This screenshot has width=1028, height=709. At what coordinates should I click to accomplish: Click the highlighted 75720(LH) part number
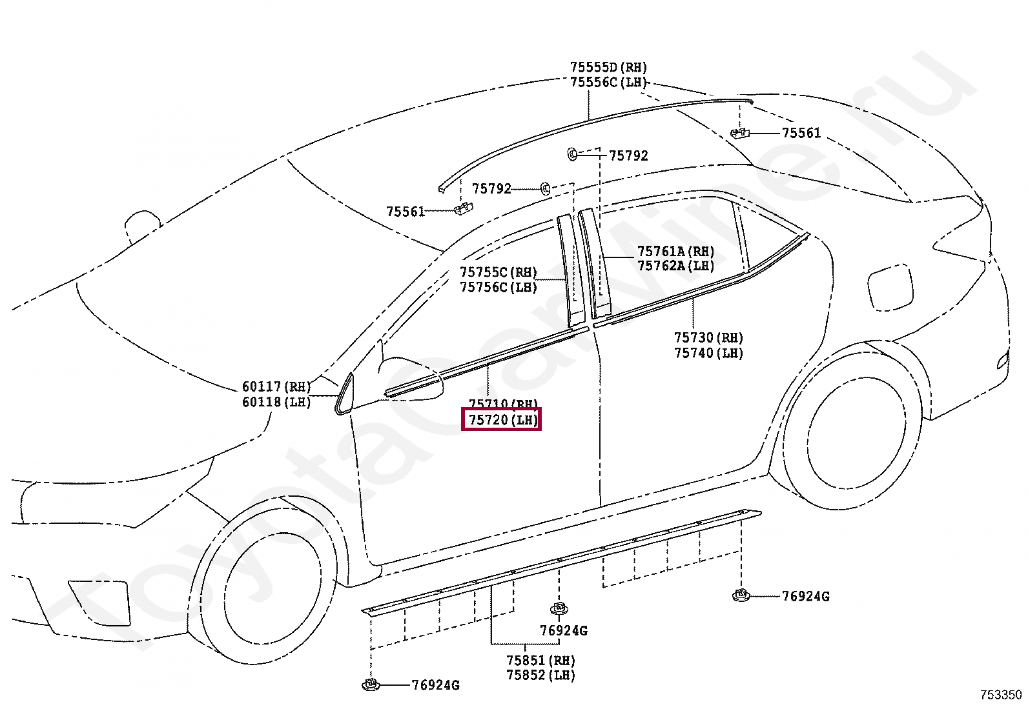click(502, 420)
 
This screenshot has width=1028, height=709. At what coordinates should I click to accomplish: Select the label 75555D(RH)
click(608, 68)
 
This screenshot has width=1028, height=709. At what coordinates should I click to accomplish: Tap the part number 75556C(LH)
click(608, 83)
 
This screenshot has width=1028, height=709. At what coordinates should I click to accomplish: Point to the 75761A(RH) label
click(675, 252)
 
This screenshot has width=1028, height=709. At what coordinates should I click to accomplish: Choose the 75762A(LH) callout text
click(675, 266)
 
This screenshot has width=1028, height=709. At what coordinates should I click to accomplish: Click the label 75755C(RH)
click(498, 272)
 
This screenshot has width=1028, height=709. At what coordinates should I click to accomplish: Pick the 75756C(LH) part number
click(498, 288)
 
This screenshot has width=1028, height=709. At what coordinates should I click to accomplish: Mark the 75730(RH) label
click(708, 338)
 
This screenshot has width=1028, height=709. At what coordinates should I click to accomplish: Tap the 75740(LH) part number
click(708, 353)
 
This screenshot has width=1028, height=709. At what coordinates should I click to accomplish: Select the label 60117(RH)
click(276, 387)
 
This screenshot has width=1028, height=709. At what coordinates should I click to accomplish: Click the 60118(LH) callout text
click(276, 402)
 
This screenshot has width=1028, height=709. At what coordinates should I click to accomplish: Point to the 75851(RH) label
click(540, 661)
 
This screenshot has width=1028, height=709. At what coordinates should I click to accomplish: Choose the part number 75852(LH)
click(540, 675)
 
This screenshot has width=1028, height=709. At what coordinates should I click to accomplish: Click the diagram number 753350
click(1001, 695)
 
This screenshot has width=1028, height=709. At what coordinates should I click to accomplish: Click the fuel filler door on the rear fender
click(890, 288)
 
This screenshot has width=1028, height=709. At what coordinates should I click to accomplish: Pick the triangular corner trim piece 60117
click(344, 393)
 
